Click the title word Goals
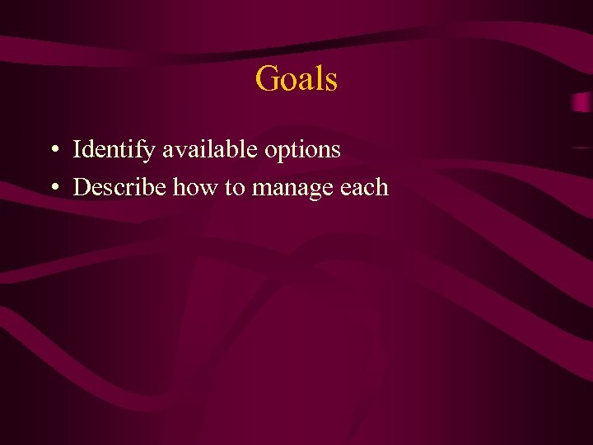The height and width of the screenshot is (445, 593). click(296, 79)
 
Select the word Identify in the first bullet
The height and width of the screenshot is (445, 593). click(114, 150)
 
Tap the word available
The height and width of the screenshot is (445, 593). click(212, 150)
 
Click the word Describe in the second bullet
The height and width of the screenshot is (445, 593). click(119, 188)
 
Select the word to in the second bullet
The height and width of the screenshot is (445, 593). click(235, 189)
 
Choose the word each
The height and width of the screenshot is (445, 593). click(363, 188)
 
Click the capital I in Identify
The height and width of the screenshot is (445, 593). click(77, 150)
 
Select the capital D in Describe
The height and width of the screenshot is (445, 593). click(81, 188)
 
